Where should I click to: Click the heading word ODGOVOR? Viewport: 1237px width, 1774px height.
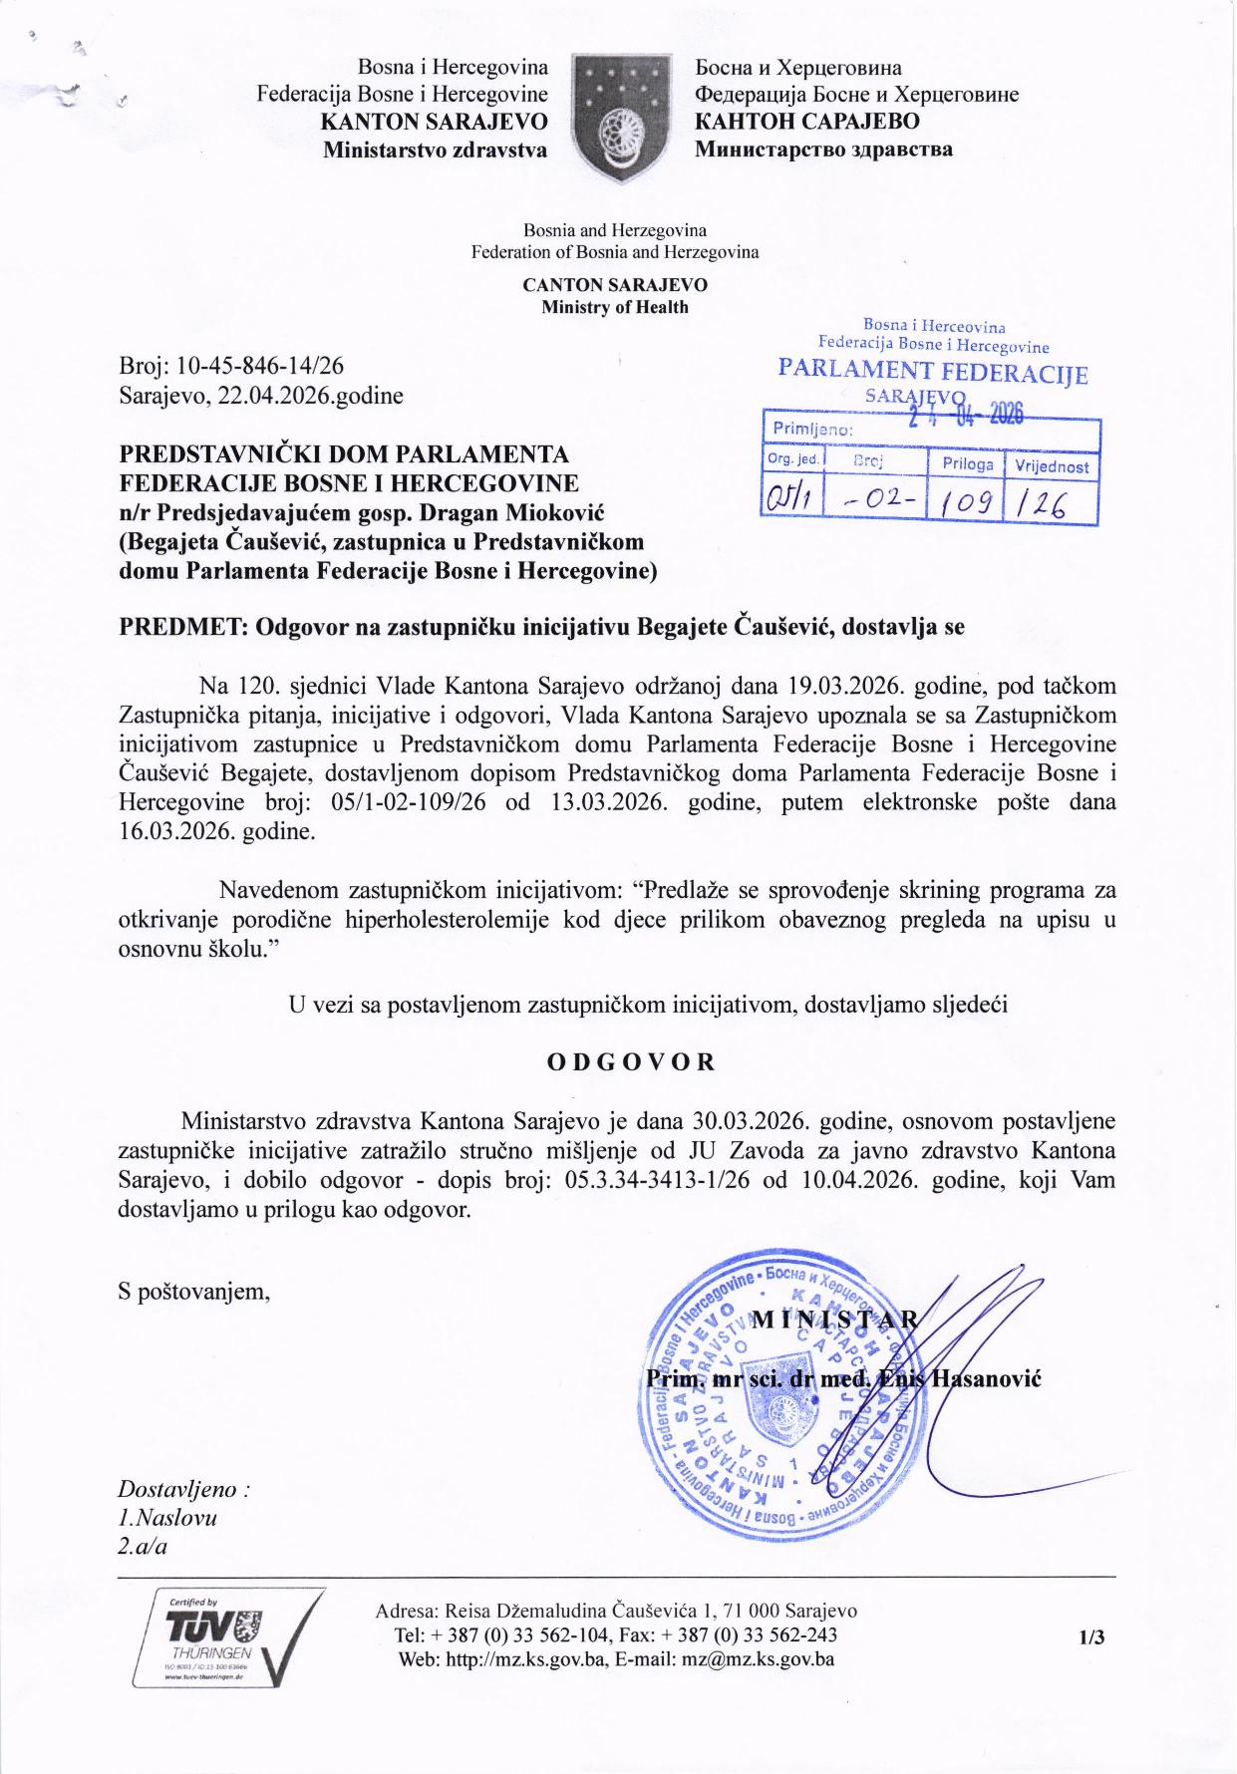point(631,1060)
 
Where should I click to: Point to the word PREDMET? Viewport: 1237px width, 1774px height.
point(182,627)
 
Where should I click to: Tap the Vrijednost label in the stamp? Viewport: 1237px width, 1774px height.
point(1052,465)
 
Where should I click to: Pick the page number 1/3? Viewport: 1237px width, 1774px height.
point(1091,1637)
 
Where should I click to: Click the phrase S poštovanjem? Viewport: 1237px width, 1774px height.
point(194,1292)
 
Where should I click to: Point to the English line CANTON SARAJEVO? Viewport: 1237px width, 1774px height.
point(615,285)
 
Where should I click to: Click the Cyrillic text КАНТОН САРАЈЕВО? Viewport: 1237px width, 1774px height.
point(806,122)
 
